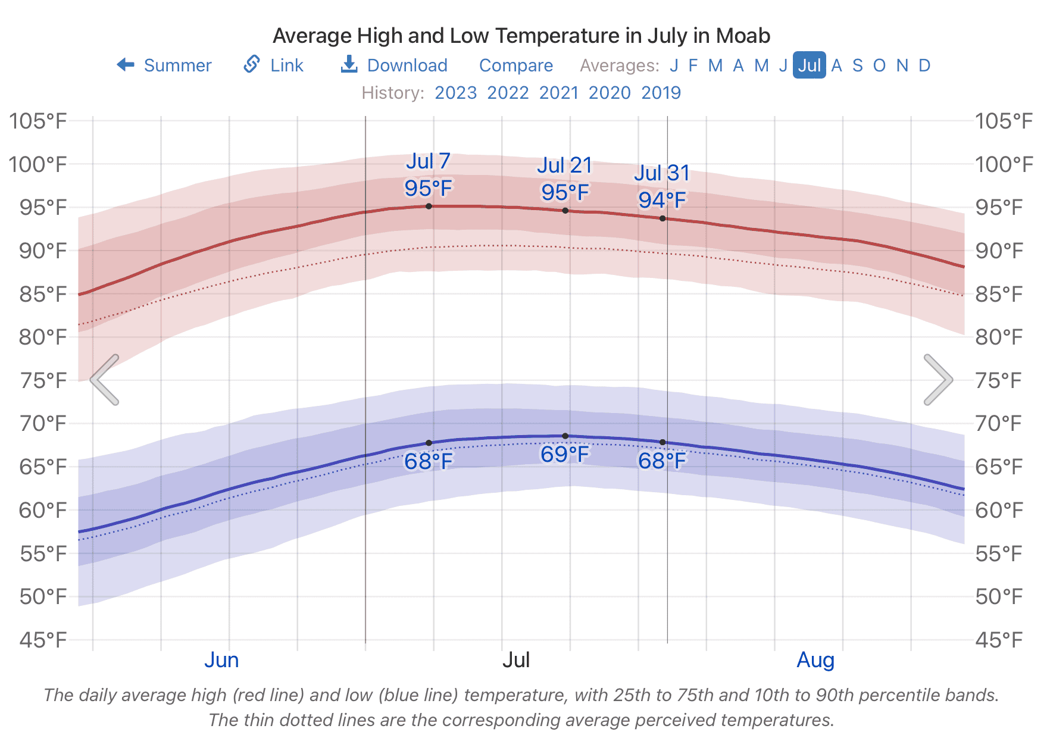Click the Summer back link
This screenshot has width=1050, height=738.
tap(164, 65)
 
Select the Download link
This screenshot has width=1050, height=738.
tap(394, 65)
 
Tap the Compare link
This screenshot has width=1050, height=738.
tap(516, 65)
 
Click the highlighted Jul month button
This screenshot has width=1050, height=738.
tap(810, 65)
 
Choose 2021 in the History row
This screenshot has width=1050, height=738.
tap(559, 93)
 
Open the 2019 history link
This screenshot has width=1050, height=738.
tap(661, 93)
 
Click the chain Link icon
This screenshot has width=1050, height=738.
tap(252, 64)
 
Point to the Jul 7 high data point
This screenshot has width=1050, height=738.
tap(429, 206)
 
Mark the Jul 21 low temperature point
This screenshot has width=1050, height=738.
tap(565, 436)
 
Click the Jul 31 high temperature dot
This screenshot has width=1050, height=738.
tap(662, 218)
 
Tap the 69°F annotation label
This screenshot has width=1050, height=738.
tap(565, 455)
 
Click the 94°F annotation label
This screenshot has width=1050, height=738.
tap(662, 200)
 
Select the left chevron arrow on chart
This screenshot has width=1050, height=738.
tap(105, 380)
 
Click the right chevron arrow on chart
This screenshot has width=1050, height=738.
tap(938, 380)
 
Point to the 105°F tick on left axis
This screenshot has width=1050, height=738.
tap(37, 121)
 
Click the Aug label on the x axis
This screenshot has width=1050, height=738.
tap(815, 660)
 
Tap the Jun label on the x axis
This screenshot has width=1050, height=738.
tap(221, 660)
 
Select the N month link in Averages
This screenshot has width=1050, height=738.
tap(902, 65)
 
